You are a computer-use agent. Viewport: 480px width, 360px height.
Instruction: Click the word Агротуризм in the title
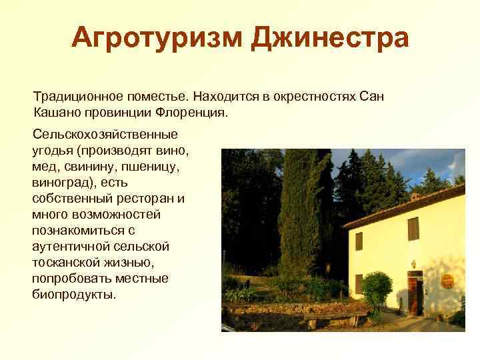157,38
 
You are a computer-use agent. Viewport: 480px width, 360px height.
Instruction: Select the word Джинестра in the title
329,38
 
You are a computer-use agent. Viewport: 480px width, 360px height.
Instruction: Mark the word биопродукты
73,294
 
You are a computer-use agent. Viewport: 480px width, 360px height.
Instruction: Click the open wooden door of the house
415,297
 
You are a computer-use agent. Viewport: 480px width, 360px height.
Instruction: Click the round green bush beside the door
378,286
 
